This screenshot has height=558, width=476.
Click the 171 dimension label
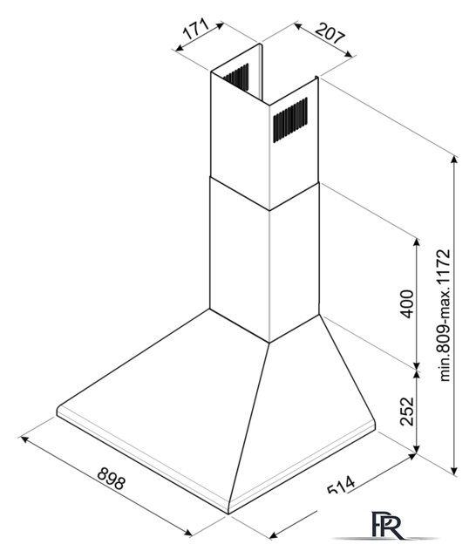click(195, 29)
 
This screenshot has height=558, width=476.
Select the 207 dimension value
click(330, 33)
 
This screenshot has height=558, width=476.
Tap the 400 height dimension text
click(407, 303)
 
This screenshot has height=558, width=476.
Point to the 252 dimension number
click(407, 411)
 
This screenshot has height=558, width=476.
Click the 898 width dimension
click(112, 479)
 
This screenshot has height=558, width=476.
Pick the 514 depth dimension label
click(341, 485)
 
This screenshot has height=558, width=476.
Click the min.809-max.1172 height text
click(445, 316)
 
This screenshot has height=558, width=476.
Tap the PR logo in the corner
click(388, 525)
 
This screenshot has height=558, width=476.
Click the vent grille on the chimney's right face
click(290, 119)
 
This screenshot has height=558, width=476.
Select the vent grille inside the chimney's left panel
click(236, 76)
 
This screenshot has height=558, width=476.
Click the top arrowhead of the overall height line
click(454, 160)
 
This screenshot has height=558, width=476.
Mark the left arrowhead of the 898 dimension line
click(25, 439)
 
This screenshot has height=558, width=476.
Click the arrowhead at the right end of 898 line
click(187, 532)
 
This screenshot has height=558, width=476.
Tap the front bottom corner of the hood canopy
click(228, 514)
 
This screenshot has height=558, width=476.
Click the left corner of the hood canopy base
click(58, 411)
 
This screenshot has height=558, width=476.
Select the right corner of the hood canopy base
click(375, 425)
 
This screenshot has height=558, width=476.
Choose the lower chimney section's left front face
click(240, 260)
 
